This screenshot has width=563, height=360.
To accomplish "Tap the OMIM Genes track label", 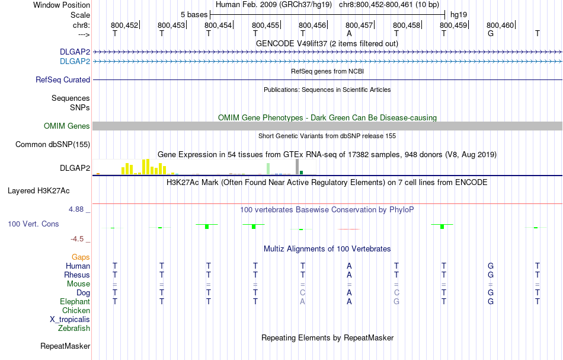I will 66,126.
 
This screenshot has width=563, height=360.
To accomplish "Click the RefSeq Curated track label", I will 63,79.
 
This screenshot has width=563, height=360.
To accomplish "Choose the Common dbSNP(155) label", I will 53,144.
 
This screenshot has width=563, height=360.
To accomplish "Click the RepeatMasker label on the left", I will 65,346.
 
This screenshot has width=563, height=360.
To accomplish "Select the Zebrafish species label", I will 74,328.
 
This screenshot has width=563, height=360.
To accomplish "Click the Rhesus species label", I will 77,275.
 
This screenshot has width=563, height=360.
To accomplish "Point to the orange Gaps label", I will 81,257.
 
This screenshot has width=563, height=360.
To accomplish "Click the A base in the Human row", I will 350,266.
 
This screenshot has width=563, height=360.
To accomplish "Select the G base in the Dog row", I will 490,292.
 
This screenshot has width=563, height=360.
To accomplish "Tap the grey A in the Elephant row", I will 302,301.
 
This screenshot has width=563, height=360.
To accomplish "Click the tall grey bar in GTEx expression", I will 297,167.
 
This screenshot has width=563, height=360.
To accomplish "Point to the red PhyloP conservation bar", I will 349,228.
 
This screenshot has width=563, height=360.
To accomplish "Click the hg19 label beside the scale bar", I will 459,14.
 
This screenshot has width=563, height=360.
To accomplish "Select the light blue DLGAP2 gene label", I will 75,61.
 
